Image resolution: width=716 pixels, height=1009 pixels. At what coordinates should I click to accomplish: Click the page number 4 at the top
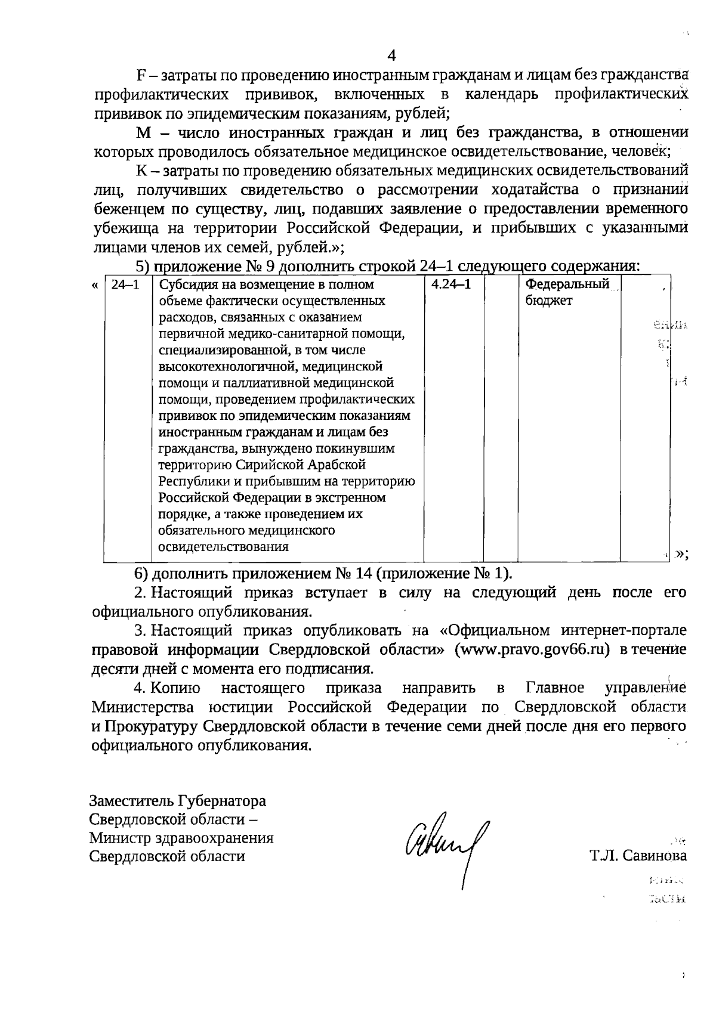[x=392, y=55]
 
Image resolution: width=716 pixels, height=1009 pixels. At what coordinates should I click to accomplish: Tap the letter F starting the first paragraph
[x=141, y=76]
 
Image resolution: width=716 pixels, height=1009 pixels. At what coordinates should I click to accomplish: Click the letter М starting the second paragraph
[x=142, y=132]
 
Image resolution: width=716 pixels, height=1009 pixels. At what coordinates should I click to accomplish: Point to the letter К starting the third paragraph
[x=141, y=171]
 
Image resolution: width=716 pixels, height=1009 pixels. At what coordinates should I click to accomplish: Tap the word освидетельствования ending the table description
[x=223, y=546]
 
